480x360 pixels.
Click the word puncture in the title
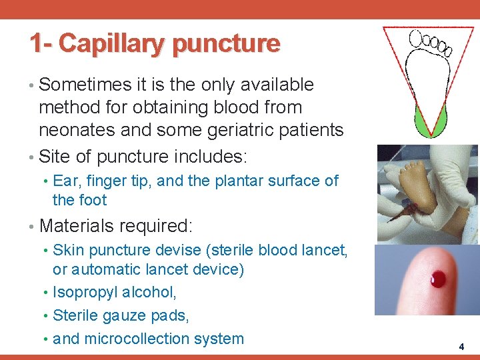pyautogui.click(x=225, y=44)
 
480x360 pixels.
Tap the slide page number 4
pyautogui.click(x=461, y=347)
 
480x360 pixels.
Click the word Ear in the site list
pyautogui.click(x=65, y=181)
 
